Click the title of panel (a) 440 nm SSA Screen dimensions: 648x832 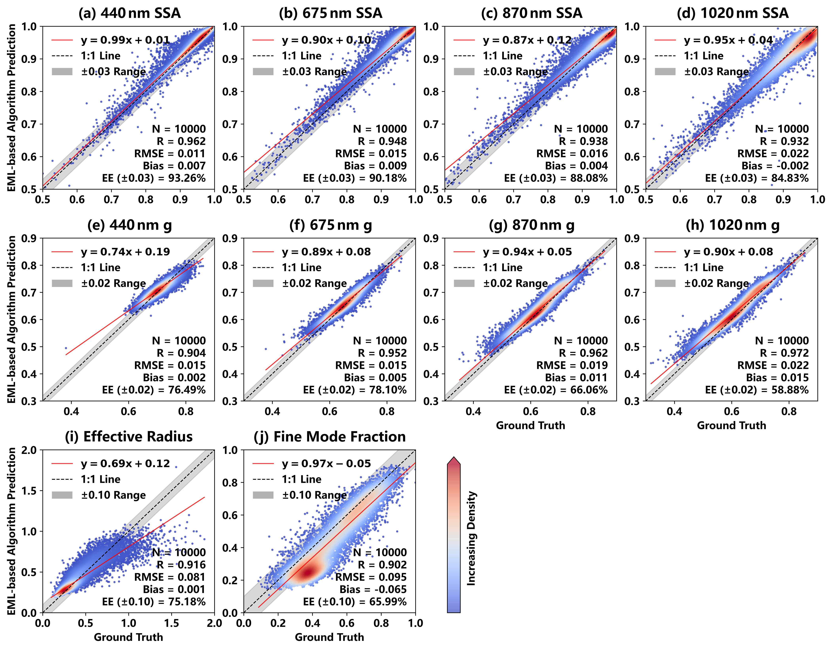click(x=129, y=13)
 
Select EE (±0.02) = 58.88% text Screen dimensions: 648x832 click(x=757, y=390)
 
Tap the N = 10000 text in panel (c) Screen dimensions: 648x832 click(x=581, y=129)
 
